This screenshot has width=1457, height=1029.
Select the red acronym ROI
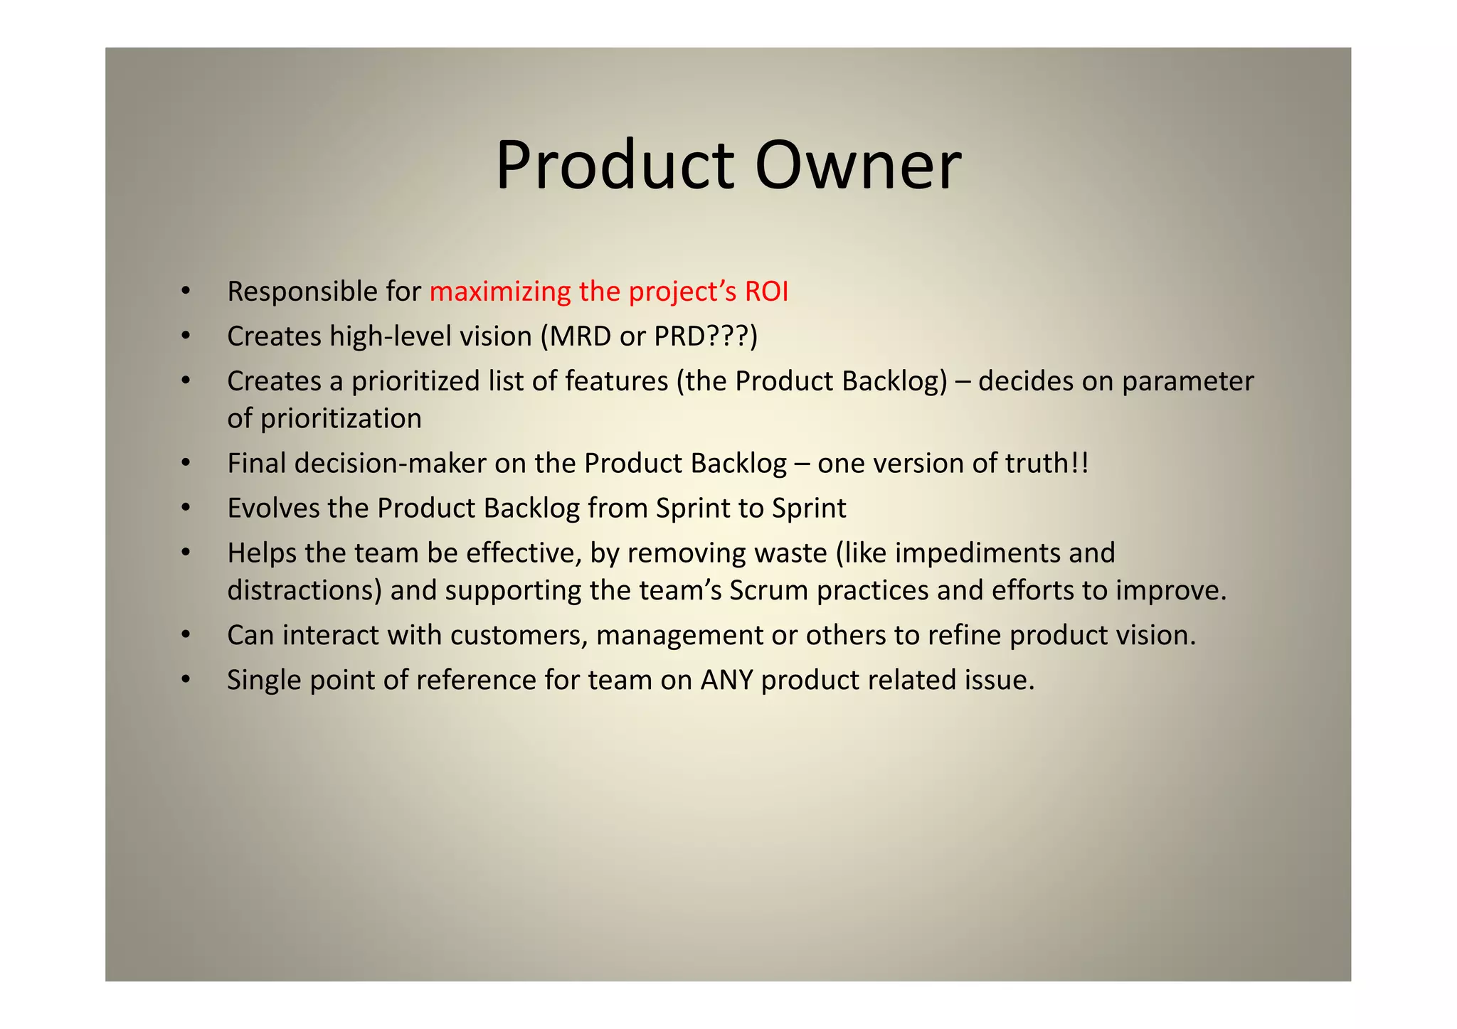coord(766,292)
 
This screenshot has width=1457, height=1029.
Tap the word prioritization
coord(341,419)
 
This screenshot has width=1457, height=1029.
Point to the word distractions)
coord(304,591)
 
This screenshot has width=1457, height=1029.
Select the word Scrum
coord(768,591)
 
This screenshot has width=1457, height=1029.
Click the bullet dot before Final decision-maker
coord(186,464)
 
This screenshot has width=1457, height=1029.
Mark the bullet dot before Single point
coord(186,681)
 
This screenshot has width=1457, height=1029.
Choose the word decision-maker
coord(391,464)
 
